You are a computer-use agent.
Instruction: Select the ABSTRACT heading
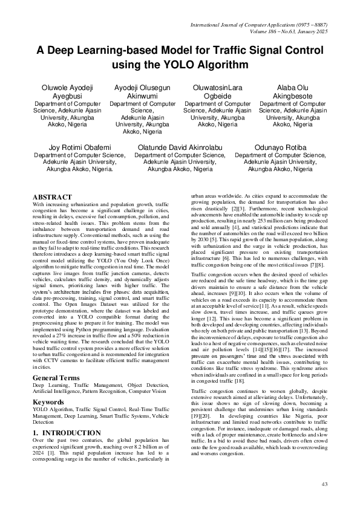pos(53,197)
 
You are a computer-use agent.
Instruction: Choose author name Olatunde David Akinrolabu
pos(180,147)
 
